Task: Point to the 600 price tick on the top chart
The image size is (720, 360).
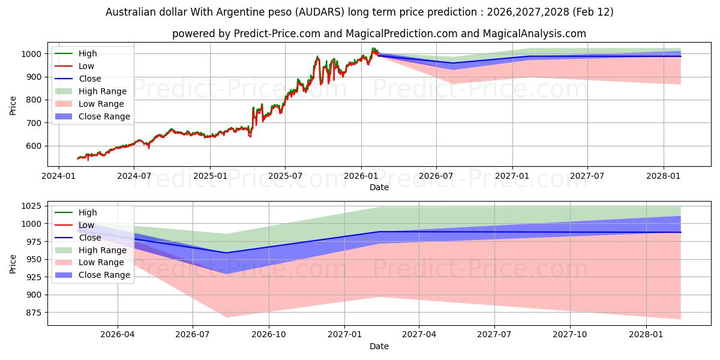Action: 34,146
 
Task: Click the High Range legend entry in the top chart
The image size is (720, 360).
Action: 103,91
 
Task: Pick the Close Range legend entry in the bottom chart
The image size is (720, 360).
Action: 104,275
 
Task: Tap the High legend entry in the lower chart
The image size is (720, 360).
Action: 88,212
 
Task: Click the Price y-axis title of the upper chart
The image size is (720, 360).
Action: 13,106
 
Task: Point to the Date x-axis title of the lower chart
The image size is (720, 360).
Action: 379,346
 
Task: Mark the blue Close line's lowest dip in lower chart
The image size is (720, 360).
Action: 226,253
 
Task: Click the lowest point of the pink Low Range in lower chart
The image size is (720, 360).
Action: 680,319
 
